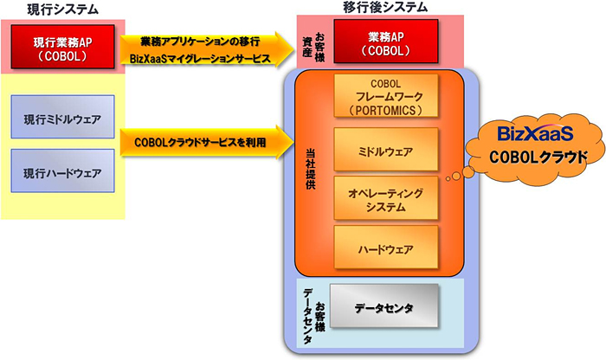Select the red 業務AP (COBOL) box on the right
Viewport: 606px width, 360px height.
click(384, 43)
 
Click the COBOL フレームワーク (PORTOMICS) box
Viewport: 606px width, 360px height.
click(386, 97)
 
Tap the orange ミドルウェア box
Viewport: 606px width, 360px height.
click(386, 152)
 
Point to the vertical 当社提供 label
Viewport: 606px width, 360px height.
click(311, 168)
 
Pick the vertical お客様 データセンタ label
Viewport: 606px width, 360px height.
click(313, 314)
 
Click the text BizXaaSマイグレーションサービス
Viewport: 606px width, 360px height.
click(198, 59)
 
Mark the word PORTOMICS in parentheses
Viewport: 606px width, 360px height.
click(386, 110)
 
